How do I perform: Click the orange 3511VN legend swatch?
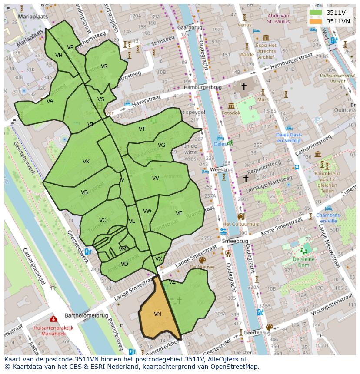click(x=316, y=21)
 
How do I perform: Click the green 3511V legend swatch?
click(x=316, y=13)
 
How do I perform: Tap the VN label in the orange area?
click(x=157, y=314)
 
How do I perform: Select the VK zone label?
click(x=86, y=162)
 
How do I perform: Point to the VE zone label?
click(x=179, y=213)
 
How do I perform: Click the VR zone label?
click(x=104, y=66)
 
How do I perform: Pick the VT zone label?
click(x=142, y=129)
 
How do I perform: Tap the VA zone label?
click(x=50, y=101)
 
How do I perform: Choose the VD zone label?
click(x=124, y=264)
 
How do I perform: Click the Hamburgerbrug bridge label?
click(x=203, y=87)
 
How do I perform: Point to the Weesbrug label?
click(x=222, y=169)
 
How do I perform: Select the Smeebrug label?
click(x=235, y=241)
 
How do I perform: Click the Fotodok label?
click(x=231, y=113)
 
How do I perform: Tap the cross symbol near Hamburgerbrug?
click(x=243, y=87)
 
